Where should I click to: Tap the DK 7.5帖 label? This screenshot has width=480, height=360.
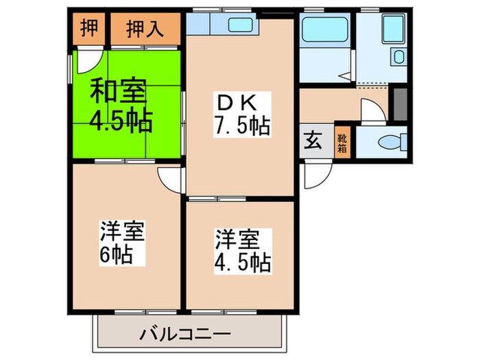pos(241,114)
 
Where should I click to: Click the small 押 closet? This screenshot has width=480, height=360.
pos(88,29)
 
